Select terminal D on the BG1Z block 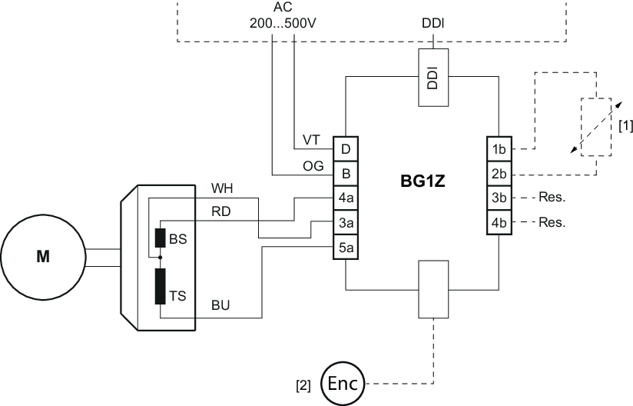[x=346, y=147]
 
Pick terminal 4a [x=346, y=197]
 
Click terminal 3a [x=346, y=222]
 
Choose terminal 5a [x=346, y=248]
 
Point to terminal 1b [x=499, y=147]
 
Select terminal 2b [x=499, y=171]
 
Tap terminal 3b [x=499, y=197]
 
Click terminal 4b [x=499, y=223]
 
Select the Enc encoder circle [x=343, y=382]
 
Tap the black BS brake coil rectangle [x=160, y=238]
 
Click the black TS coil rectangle [x=160, y=286]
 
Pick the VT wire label [x=311, y=139]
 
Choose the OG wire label [x=313, y=165]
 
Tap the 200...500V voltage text [x=283, y=23]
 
